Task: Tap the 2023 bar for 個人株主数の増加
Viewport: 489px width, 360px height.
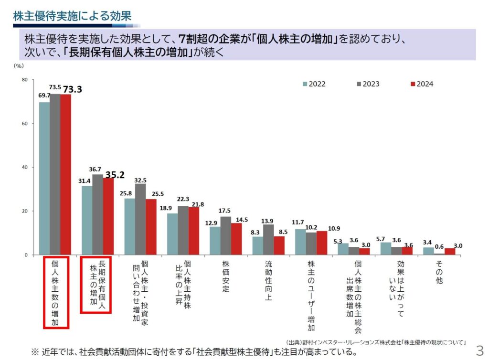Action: (55, 174)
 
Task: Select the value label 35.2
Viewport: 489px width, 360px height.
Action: (115, 175)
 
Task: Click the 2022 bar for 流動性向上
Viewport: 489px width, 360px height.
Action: (258, 245)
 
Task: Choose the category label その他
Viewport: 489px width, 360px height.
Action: (439, 272)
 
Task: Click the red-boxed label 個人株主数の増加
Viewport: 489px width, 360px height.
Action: (56, 292)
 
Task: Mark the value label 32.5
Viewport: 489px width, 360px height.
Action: (140, 180)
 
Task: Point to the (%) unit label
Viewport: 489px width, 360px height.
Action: (19, 67)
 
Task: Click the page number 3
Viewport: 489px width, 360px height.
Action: (480, 348)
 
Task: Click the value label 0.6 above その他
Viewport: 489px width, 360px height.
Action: (439, 246)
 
